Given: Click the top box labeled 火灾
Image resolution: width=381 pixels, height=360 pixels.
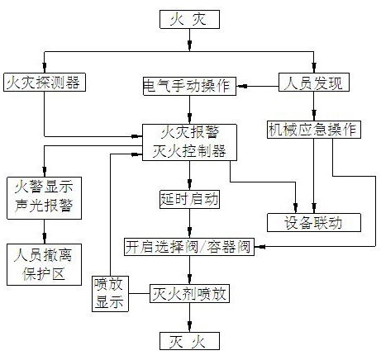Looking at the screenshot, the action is click(x=189, y=19).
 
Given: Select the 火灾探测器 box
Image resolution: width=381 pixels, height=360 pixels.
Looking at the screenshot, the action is click(x=45, y=82).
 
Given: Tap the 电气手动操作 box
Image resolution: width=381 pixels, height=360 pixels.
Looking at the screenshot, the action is click(x=189, y=86).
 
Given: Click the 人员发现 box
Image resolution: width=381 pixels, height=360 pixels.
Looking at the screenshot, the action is click(x=314, y=82).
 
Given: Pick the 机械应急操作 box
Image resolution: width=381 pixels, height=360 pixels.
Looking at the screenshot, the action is click(x=314, y=130).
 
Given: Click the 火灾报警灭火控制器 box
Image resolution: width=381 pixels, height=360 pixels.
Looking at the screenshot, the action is click(x=189, y=142).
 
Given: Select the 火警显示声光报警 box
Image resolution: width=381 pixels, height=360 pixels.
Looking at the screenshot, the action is click(x=44, y=198).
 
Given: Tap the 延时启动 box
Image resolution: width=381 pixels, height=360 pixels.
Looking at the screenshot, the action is click(x=189, y=199).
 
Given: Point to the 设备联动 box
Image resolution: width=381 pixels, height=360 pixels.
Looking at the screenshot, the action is click(x=314, y=222).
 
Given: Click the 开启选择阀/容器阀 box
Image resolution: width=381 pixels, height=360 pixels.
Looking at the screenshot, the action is click(x=189, y=247).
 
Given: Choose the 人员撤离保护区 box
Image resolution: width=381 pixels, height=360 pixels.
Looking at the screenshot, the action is click(x=44, y=264).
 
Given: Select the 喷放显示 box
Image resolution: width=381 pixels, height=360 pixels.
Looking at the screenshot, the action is click(x=110, y=294).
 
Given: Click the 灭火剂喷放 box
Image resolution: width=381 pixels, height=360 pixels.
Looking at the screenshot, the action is click(x=189, y=294).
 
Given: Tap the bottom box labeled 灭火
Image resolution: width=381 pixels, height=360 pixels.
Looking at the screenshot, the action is click(x=189, y=341).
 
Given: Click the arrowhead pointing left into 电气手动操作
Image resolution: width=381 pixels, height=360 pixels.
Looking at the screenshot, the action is click(x=242, y=86).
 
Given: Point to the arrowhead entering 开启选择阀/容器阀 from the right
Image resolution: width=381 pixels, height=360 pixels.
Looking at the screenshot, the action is click(x=260, y=247).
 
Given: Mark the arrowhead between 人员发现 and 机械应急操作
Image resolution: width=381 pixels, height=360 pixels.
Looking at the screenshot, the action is click(x=314, y=115).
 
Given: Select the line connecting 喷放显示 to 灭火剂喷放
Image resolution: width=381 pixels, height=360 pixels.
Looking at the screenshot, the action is click(x=139, y=293).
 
